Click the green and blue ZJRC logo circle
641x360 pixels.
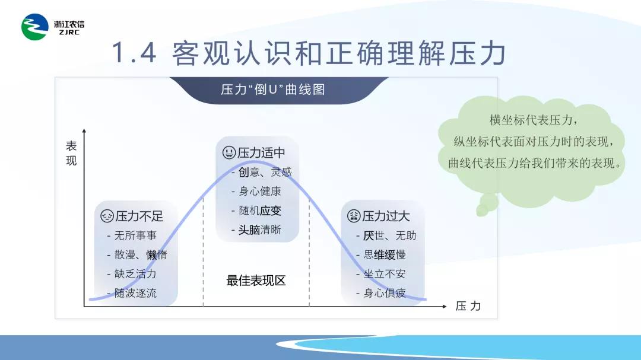coord(35,27)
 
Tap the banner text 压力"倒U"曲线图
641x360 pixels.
coord(273,90)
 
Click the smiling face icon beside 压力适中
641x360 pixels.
coord(229,153)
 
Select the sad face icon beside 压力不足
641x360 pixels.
coord(107,216)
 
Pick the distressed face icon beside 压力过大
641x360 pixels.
coord(354,216)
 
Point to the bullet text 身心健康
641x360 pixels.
coord(260,191)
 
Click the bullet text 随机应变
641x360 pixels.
coord(260,211)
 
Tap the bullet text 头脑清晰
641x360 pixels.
coord(260,230)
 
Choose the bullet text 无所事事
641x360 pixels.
coord(135,235)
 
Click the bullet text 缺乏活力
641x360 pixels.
coord(135,274)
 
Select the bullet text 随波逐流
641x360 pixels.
coord(135,293)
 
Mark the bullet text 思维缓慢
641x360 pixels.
coord(385,254)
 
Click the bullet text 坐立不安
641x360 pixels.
coord(385,274)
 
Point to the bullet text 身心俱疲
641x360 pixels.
coord(385,293)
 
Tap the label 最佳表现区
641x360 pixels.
coord(256,281)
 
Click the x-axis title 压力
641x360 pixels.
coord(468,306)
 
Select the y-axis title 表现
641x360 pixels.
coord(71,153)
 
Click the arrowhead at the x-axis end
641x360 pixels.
coord(445,306)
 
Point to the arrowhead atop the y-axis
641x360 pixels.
coord(84,130)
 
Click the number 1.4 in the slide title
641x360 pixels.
coord(134,53)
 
